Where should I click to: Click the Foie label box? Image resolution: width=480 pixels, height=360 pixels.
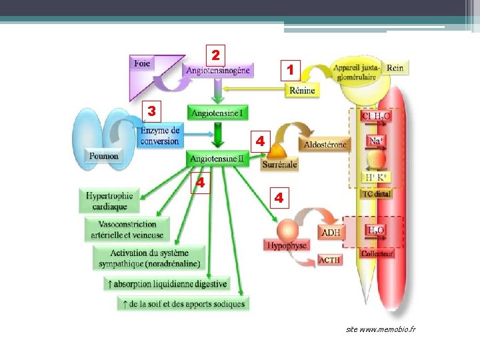[x=143, y=64]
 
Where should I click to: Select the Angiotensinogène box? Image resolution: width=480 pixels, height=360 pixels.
[x=218, y=70]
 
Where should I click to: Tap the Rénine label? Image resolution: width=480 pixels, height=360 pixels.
[x=301, y=90]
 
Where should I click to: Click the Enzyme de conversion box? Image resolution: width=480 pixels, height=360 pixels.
[x=160, y=135]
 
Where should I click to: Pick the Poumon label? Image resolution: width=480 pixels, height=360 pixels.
[x=103, y=156]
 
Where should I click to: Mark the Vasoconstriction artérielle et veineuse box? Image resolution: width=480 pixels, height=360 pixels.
[x=127, y=229]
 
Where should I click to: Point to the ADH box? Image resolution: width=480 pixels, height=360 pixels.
[x=331, y=233]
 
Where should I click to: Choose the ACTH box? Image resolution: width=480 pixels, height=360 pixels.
[x=330, y=260]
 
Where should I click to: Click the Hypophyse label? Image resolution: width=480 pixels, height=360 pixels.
[x=287, y=245]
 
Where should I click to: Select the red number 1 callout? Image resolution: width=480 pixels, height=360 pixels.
[x=291, y=69]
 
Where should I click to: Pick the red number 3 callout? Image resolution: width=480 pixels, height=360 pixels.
[x=152, y=109]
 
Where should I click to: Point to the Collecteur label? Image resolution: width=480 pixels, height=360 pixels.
[x=377, y=253]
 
